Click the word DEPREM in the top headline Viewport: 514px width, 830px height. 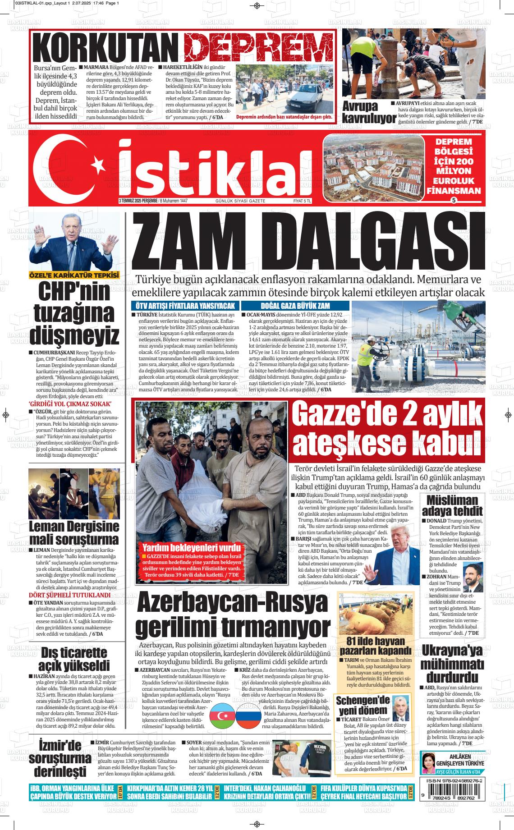[x=259, y=47]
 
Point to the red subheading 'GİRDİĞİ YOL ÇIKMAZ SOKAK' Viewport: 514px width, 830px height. [x=70, y=404]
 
